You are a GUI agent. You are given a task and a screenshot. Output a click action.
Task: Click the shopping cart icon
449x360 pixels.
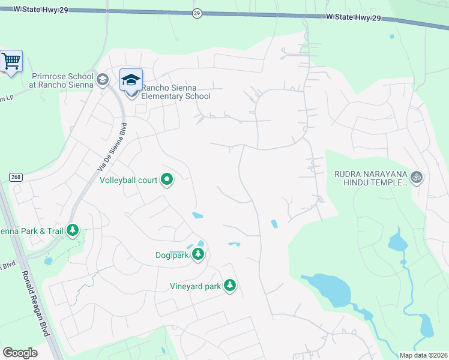tap(11, 61)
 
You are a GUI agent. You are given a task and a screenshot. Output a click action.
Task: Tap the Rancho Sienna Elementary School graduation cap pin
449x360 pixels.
tap(131, 80)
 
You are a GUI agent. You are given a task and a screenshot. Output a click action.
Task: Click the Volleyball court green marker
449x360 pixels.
tap(167, 179)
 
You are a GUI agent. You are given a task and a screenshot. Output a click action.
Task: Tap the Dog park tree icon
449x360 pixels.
tap(197, 255)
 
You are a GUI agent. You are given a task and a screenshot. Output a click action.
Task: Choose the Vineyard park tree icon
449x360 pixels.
tap(229, 286)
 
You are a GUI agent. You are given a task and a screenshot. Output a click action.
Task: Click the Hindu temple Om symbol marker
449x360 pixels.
tap(416, 177)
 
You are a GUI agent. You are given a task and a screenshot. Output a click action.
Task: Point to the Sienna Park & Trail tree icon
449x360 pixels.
tap(73, 230)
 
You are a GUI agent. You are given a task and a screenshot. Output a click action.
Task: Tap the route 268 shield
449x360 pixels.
tap(15, 176)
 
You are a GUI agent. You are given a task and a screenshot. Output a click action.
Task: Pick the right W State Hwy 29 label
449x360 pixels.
tap(355, 18)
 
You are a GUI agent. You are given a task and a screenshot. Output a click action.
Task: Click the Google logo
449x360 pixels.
tap(19, 353)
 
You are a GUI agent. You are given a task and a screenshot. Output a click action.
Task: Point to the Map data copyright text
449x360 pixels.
tap(423, 355)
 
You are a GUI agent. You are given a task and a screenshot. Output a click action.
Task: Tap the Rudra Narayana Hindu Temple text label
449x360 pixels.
tap(371, 178)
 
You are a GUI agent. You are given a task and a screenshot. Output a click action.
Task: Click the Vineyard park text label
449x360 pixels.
tap(195, 286)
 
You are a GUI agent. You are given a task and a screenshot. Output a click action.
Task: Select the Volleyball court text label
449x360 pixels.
tap(128, 180)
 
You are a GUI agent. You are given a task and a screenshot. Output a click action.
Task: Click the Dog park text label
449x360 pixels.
tap(172, 256)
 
